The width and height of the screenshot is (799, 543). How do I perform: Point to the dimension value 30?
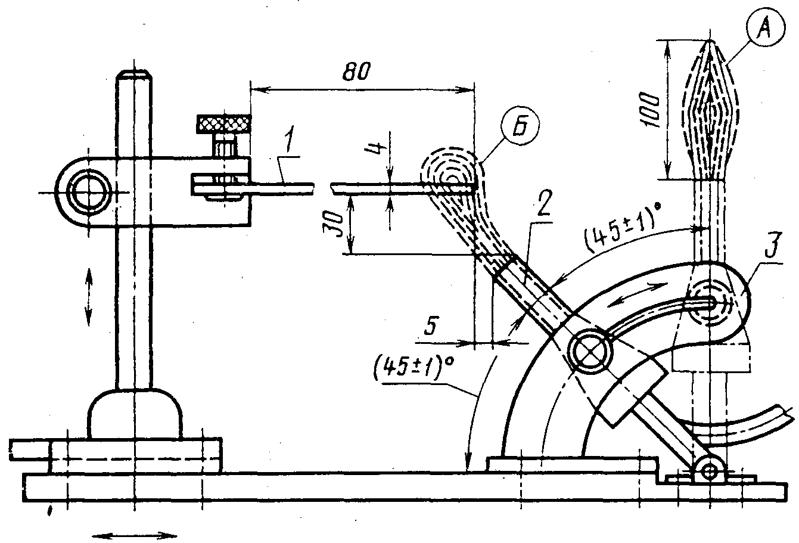coord(334,224)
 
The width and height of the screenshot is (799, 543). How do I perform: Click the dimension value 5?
coord(431,325)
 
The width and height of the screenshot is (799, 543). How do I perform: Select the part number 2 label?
coord(543,204)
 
